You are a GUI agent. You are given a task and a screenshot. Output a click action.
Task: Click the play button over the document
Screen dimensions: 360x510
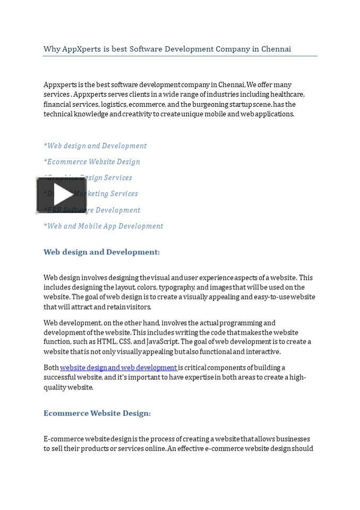click(x=62, y=195)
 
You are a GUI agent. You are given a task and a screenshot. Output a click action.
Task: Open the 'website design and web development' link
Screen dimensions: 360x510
click(x=118, y=368)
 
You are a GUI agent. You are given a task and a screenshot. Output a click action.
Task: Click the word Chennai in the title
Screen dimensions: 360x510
click(x=277, y=49)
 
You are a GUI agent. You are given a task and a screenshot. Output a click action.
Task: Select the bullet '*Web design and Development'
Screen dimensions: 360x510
click(x=95, y=146)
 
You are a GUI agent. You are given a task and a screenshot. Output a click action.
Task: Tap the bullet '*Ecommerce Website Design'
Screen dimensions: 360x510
click(x=92, y=162)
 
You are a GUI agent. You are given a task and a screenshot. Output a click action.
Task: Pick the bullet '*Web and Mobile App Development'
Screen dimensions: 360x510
click(x=104, y=226)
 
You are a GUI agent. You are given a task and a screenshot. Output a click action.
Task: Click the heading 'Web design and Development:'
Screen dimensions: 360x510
click(x=101, y=252)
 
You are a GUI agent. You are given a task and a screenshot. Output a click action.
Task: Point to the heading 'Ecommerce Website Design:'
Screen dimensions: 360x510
click(x=97, y=413)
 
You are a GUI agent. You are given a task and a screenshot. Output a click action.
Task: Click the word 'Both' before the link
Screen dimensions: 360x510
click(x=51, y=368)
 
